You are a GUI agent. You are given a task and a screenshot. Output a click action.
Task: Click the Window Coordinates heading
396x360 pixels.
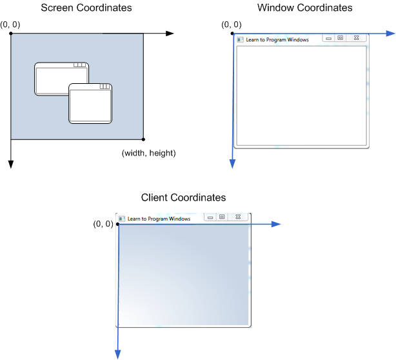[x=304, y=8]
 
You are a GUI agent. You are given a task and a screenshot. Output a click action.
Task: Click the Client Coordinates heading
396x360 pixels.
[x=184, y=197]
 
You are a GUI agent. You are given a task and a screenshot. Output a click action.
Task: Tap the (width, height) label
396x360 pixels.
[x=148, y=153]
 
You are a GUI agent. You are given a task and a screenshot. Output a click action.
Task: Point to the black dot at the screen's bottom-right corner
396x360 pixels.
[x=143, y=139]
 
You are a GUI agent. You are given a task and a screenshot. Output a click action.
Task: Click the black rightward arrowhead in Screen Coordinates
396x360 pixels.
[x=170, y=33]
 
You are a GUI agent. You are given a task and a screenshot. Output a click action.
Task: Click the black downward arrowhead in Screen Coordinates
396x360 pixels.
[x=11, y=165]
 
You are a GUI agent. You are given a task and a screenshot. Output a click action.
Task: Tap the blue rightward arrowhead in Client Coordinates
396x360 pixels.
[x=275, y=224]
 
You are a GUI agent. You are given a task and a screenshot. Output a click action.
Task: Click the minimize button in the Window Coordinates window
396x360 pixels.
[x=329, y=39]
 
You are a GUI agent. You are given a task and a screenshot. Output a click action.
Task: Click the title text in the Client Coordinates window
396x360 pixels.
[x=159, y=219]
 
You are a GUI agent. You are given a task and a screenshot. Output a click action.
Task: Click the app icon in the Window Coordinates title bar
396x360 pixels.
[x=241, y=39]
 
